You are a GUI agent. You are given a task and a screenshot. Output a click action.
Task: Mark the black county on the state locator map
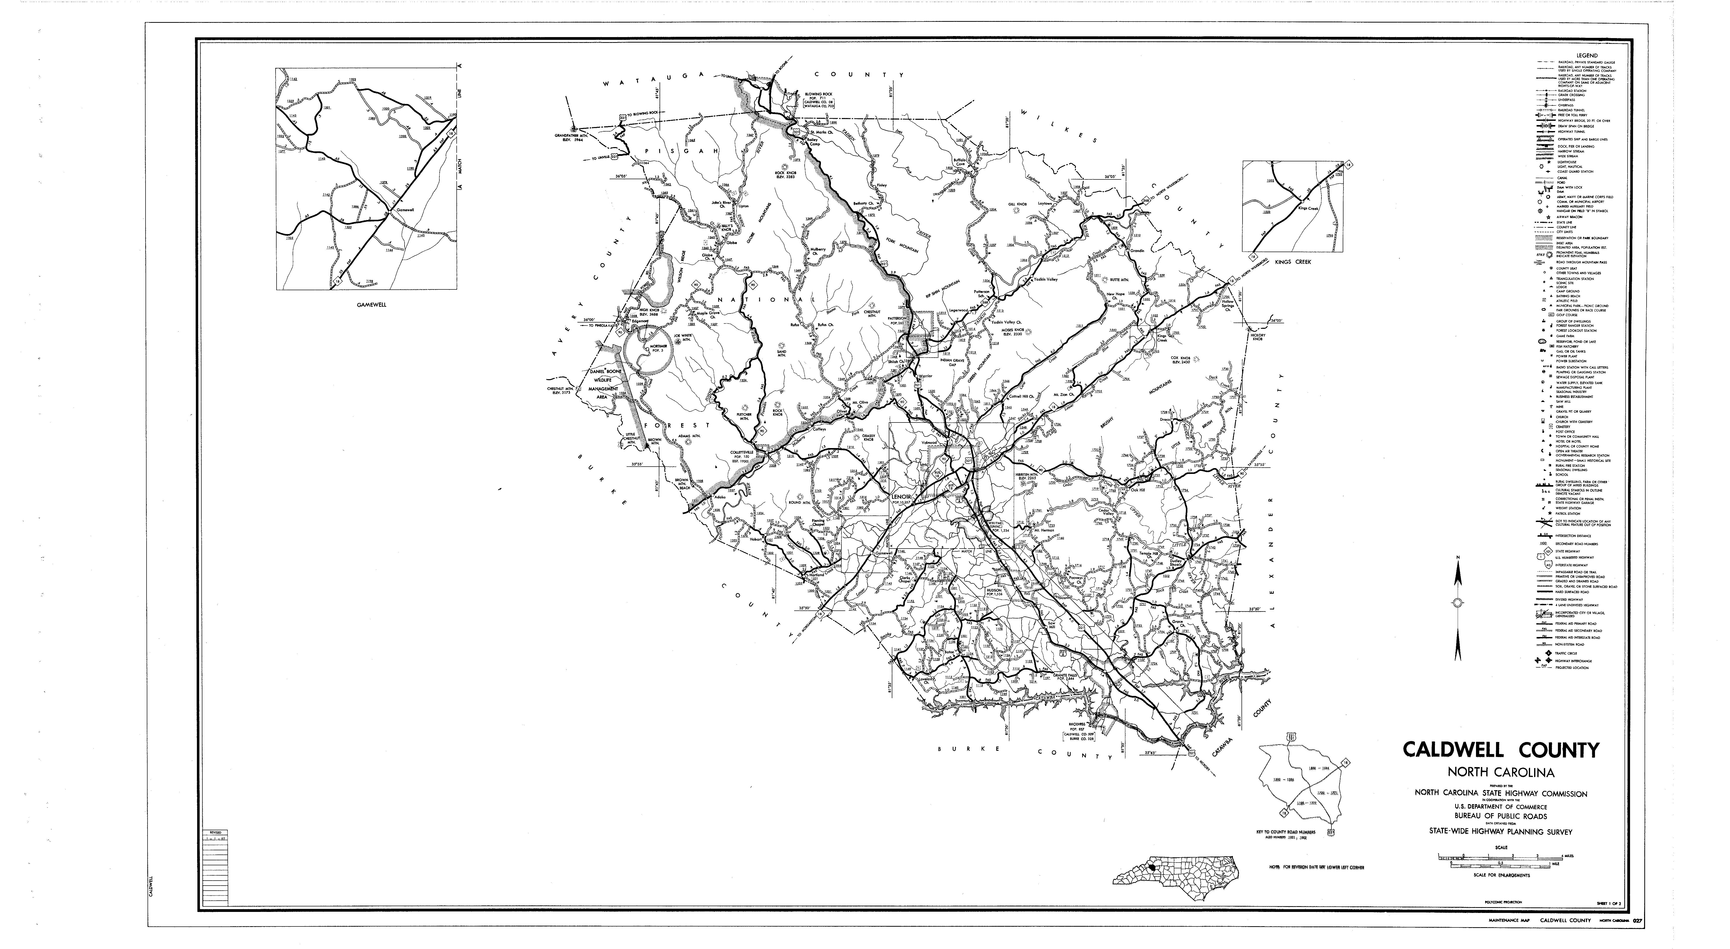coord(1152,868)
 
